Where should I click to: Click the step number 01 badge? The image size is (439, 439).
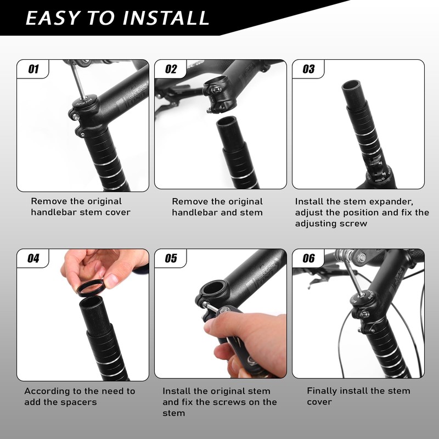pos(33,69)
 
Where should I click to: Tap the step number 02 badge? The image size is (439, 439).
pos(171,69)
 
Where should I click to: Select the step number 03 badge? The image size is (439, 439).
pos(308,69)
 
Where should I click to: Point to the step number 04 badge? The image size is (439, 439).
pos(33,258)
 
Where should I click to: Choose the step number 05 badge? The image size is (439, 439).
pos(171,258)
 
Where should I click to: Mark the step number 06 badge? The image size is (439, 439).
pos(308,258)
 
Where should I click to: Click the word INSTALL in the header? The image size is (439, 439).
pos(166,18)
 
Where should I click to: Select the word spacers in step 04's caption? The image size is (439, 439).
pos(78,402)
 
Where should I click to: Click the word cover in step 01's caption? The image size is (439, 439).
pos(118,212)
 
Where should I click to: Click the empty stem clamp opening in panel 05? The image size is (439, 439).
pos(213,289)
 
